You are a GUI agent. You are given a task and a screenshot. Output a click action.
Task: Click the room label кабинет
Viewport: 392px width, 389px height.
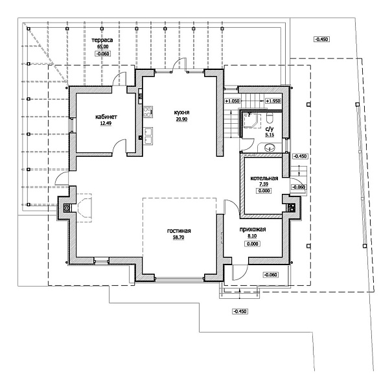106,117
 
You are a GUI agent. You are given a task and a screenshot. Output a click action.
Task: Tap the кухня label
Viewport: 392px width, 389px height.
182,112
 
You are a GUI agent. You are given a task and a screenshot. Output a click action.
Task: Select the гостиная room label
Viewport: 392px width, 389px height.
179,231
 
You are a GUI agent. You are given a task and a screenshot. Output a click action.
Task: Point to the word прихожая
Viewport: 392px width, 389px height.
253,230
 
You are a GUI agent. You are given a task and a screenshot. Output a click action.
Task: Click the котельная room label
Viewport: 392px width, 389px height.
264,178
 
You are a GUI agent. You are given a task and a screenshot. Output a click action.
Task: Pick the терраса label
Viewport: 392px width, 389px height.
102,40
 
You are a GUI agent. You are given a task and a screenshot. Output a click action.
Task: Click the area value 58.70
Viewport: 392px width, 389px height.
178,237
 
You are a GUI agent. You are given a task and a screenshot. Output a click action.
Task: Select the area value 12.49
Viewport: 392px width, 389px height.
106,123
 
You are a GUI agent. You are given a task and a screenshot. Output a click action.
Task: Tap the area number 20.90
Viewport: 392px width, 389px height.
181,119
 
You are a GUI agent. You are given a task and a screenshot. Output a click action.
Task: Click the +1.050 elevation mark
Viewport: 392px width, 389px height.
232,101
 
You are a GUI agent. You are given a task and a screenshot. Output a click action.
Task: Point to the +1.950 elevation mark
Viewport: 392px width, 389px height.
273,101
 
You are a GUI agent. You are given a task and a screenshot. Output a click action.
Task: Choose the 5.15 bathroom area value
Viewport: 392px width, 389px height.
270,135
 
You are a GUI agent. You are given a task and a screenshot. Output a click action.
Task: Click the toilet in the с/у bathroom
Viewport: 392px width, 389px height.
270,117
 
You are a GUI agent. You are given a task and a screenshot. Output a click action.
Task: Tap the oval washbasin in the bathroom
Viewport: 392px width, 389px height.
270,147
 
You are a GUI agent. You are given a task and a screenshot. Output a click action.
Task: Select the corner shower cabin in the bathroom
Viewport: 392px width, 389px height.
251,121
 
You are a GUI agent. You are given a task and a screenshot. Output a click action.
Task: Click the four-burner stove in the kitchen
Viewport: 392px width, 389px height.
148,112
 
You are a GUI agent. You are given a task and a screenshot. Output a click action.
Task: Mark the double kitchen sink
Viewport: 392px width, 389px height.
148,136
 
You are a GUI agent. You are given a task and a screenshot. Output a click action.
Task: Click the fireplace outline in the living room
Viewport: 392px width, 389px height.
84,207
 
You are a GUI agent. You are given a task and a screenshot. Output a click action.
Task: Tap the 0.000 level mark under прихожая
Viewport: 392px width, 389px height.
252,244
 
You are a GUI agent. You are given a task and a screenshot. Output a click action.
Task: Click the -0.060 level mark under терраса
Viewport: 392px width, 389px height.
103,54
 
